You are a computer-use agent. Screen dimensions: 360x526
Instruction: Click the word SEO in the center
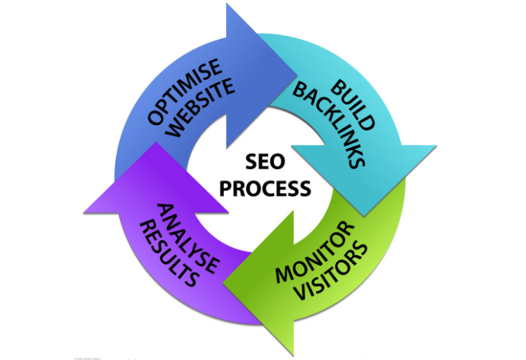pyautogui.click(x=264, y=162)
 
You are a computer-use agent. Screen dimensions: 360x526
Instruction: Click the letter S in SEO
pyautogui.click(x=251, y=162)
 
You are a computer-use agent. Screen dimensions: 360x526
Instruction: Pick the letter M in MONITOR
pyautogui.click(x=283, y=275)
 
